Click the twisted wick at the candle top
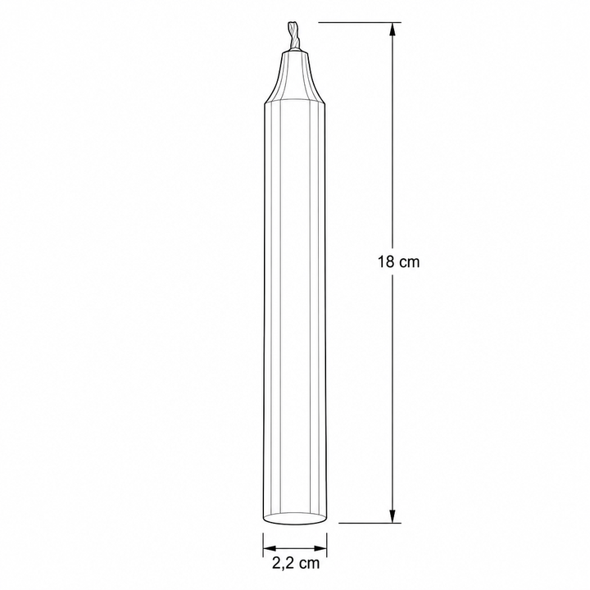coord(294,36)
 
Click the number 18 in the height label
coord(386,261)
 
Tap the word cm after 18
coord(409,263)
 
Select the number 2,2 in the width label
coord(283,563)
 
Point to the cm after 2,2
coord(309,564)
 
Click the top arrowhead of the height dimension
coord(392,29)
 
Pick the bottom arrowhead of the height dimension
coord(392,516)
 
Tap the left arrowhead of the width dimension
coord(270,547)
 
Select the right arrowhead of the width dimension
coord(320,547)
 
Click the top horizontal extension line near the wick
coord(360,22)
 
